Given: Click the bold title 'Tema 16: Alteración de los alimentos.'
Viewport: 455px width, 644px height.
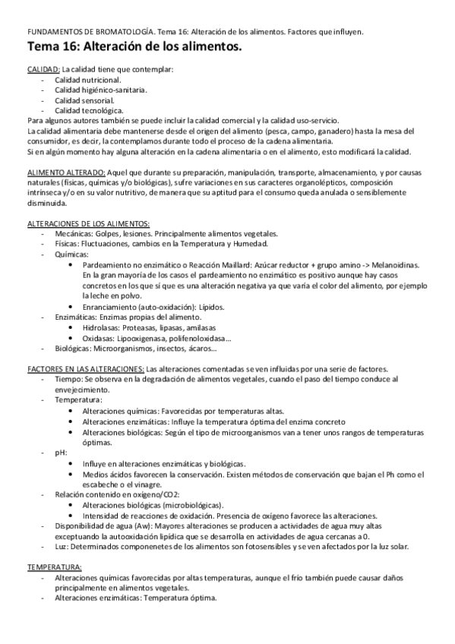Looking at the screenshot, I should [x=134, y=48].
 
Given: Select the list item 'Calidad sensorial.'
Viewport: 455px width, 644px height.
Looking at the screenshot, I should [x=84, y=100].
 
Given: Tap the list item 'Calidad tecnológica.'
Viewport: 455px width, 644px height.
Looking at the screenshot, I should [x=89, y=110].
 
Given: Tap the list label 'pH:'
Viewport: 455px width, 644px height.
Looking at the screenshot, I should [x=61, y=452].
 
